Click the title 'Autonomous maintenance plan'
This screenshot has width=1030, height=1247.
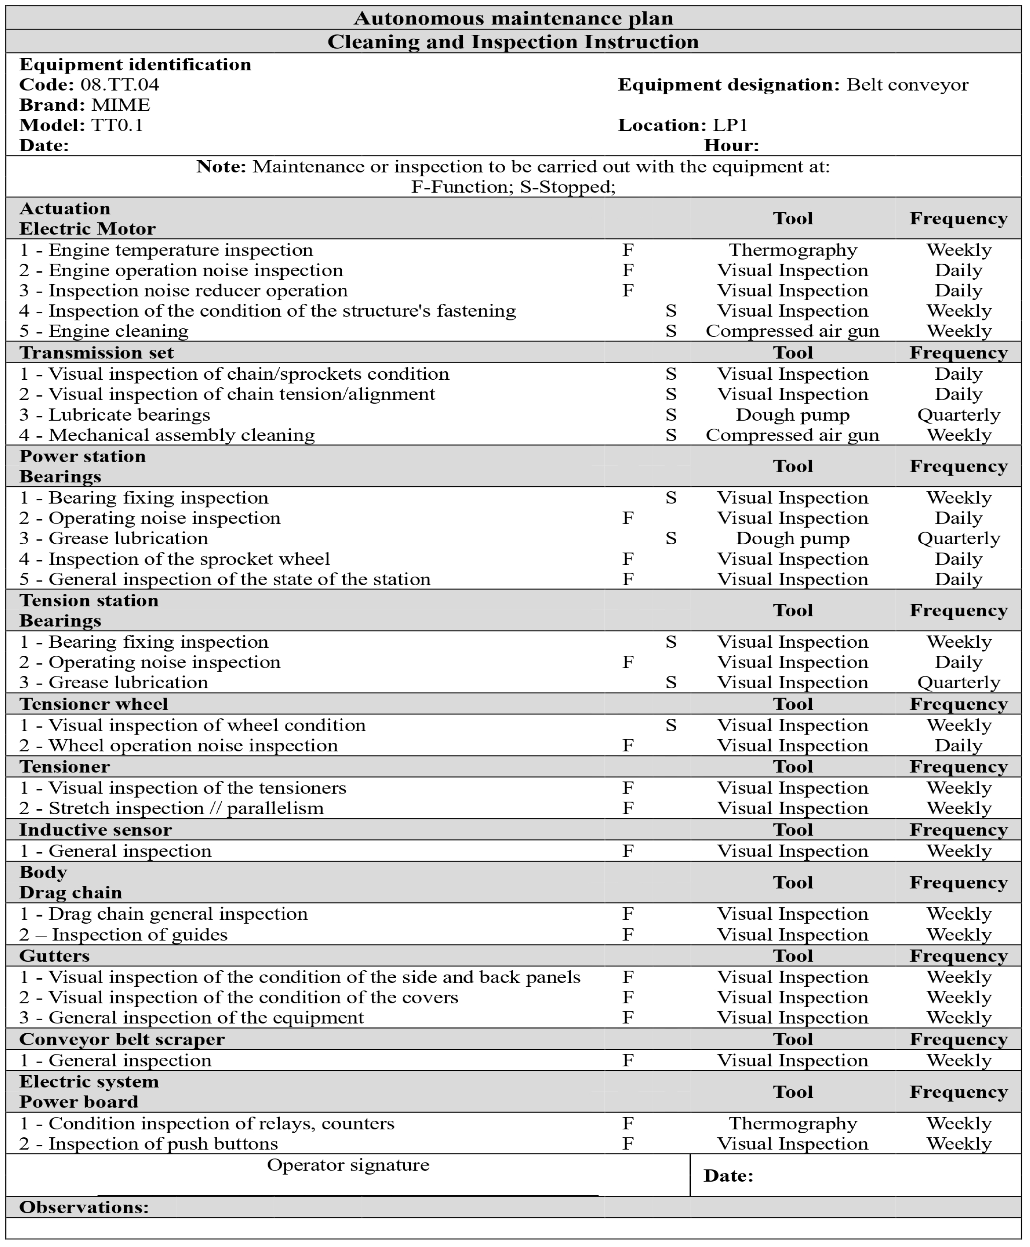(x=513, y=18)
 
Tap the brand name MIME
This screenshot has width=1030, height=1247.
(x=120, y=105)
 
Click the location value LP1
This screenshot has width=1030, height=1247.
(x=730, y=125)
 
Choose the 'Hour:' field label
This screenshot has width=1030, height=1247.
(x=731, y=146)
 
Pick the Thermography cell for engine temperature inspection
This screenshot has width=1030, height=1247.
(x=793, y=250)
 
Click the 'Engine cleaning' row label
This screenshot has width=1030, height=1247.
(x=104, y=331)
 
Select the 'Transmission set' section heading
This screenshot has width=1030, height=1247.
(x=97, y=353)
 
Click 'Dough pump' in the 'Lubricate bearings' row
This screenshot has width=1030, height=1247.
(x=793, y=415)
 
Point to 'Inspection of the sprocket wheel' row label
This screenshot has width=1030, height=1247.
(x=174, y=559)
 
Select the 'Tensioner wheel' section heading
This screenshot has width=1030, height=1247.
(x=94, y=704)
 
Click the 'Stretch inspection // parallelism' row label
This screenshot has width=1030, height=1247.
(x=171, y=808)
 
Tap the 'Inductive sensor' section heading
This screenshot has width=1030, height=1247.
(x=96, y=830)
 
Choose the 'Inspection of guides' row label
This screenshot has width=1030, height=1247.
(x=123, y=935)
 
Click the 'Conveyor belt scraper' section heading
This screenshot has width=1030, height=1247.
(x=122, y=1039)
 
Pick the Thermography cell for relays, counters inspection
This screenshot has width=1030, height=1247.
(x=793, y=1124)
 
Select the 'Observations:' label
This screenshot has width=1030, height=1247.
(x=84, y=1207)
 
